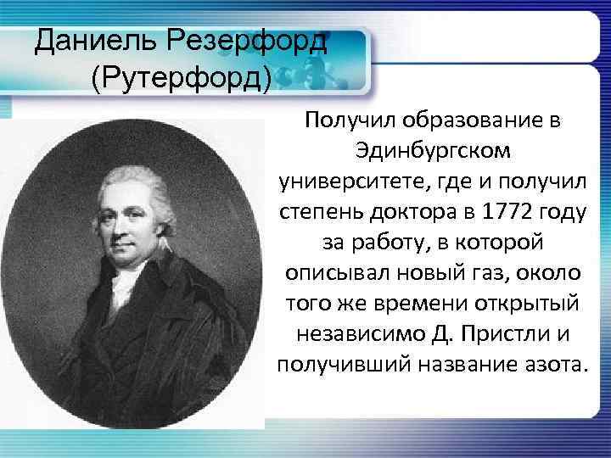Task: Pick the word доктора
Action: (411, 212)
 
